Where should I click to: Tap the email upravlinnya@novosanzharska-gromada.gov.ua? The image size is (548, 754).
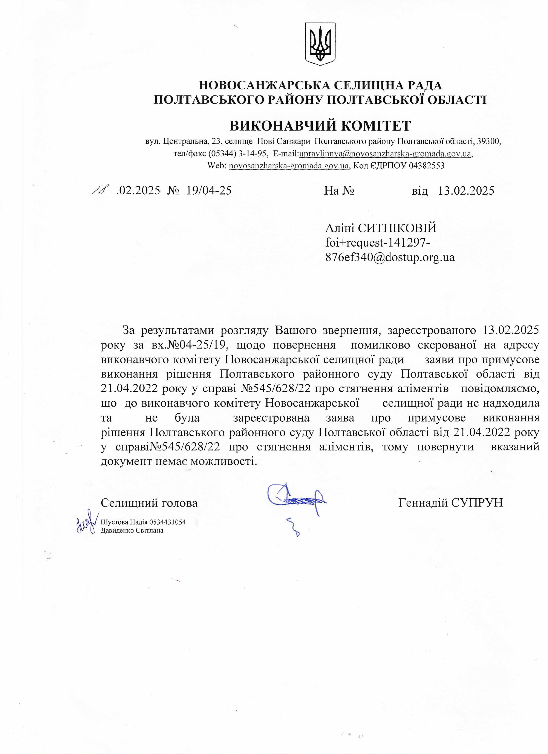[x=385, y=154]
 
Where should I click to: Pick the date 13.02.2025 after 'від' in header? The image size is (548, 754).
[x=466, y=190]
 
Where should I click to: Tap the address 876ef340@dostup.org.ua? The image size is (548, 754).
[x=390, y=257]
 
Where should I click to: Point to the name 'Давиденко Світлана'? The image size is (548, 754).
[x=132, y=531]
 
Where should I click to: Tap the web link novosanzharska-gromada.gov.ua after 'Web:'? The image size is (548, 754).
[x=289, y=166]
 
